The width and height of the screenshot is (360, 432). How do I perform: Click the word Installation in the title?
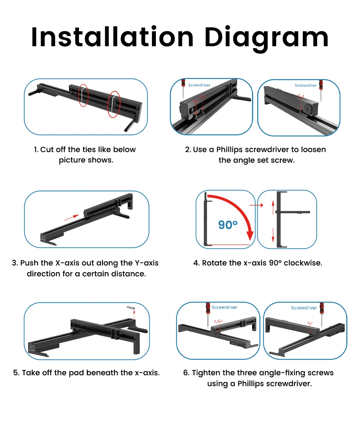pyautogui.click(x=112, y=37)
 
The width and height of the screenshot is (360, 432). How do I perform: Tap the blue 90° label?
pyautogui.click(x=228, y=225)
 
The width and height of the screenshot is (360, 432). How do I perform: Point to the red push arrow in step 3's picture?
pyautogui.click(x=72, y=217)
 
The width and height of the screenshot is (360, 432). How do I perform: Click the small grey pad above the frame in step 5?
pyautogui.click(x=131, y=308)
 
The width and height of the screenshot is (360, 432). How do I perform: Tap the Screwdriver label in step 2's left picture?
pyautogui.click(x=199, y=85)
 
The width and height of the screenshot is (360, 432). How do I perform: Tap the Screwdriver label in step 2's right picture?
pyautogui.click(x=305, y=85)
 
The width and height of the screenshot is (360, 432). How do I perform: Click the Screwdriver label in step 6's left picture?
pyautogui.click(x=225, y=307)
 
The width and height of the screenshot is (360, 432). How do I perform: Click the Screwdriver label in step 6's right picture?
pyautogui.click(x=304, y=308)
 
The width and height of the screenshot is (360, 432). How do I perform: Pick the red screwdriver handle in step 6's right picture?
pyautogui.click(x=321, y=308)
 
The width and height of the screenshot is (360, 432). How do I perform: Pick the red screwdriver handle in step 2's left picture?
pyautogui.click(x=183, y=83)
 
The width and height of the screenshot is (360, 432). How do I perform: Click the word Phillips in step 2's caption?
pyautogui.click(x=229, y=150)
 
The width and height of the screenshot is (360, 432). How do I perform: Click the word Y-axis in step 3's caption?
pyautogui.click(x=147, y=263)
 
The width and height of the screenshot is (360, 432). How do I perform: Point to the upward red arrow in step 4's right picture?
pyautogui.click(x=273, y=207)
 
